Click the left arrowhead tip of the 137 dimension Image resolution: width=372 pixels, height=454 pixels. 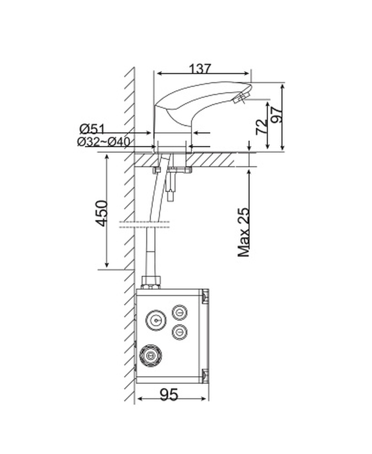point(157,74)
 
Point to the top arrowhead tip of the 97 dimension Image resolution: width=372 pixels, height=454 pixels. point(282,83)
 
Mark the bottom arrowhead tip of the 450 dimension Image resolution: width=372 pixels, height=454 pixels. point(107,267)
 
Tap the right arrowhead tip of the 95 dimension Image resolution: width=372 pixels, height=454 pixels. point(207,399)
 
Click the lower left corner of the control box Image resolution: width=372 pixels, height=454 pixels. point(136,384)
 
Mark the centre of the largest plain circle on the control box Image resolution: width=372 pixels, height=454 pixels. point(156,320)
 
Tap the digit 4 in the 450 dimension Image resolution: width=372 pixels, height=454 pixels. point(102,222)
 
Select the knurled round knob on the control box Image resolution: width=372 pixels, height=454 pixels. point(150,355)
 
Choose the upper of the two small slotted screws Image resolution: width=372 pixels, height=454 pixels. point(179,313)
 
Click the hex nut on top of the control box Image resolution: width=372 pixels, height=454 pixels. point(151,282)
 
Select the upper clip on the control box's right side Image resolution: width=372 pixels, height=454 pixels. point(205,296)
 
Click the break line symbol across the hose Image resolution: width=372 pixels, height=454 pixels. point(144,225)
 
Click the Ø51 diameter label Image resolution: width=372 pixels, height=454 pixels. point(92,129)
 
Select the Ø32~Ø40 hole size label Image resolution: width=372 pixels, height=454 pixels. point(103,142)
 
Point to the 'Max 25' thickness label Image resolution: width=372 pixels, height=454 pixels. point(243,232)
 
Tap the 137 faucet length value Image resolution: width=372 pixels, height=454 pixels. point(200,69)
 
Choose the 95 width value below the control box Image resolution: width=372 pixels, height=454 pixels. point(169,394)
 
